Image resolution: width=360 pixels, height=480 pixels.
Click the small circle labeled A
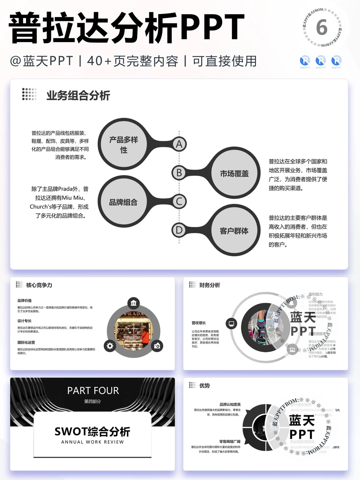[x=179, y=144]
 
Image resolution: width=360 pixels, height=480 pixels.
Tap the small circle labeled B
[x=179, y=173]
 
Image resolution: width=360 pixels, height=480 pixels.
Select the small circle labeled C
[x=179, y=201]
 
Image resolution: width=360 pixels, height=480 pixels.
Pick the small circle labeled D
[x=179, y=230]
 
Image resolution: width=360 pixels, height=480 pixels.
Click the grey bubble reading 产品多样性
[x=124, y=144]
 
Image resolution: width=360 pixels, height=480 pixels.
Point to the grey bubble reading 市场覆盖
[x=234, y=173]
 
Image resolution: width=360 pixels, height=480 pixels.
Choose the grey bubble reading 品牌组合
[x=123, y=202]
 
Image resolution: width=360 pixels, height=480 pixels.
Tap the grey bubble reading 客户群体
[x=234, y=231]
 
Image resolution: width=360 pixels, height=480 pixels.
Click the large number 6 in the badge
[x=322, y=27]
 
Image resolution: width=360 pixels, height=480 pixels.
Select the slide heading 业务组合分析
[x=78, y=96]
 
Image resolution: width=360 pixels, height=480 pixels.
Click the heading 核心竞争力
[x=39, y=285]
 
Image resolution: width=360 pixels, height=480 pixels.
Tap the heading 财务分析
[x=210, y=285]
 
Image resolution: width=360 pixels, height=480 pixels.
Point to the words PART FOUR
[x=93, y=391]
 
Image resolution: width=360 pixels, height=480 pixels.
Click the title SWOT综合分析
[x=92, y=432]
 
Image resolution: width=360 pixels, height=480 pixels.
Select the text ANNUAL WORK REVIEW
[x=92, y=442]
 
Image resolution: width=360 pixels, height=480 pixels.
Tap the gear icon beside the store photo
[x=110, y=346]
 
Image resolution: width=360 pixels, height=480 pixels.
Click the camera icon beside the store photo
[x=157, y=346]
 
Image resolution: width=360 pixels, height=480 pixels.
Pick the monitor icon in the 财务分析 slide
[x=231, y=324]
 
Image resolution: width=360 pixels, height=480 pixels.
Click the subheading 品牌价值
[x=25, y=301]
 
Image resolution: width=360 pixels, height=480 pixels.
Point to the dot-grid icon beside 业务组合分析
[x=29, y=94]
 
